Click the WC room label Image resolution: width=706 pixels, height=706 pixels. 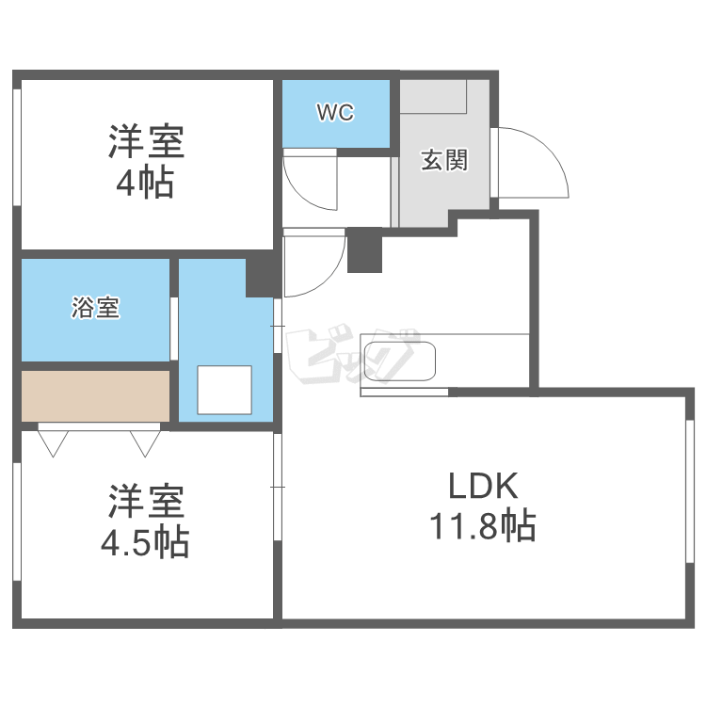coord(335,114)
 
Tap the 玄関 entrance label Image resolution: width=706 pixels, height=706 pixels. coord(443,161)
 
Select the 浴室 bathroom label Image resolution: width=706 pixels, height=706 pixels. coord(95,308)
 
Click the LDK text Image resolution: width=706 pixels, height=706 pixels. coord(482,487)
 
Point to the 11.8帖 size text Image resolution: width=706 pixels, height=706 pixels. coord(482,525)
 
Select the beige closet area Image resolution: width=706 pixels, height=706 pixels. coord(95,395)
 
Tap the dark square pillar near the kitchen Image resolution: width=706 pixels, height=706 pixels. coord(364,250)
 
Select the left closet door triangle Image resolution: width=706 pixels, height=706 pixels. coord(52,441)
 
